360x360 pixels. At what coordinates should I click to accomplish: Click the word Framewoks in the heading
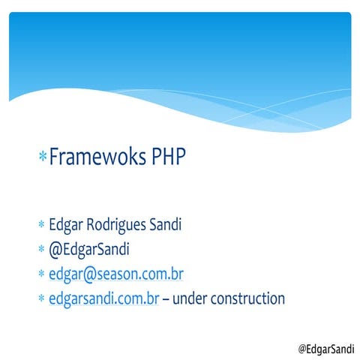[97, 158]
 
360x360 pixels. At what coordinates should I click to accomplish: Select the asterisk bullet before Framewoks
[43, 158]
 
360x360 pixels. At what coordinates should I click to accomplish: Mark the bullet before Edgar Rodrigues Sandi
[42, 226]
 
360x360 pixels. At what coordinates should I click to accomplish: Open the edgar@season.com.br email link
[116, 274]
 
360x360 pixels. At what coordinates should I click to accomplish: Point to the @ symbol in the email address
[89, 274]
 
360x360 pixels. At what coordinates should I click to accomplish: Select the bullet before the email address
[42, 275]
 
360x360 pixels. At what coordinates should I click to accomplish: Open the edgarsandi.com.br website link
[103, 298]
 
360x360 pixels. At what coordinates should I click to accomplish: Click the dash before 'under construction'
[166, 299]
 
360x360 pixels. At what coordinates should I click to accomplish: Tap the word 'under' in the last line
[190, 298]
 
